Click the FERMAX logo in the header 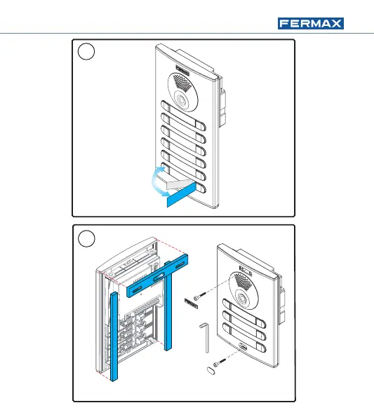point(311,24)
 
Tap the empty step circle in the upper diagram point(86,51)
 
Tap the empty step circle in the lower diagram point(86,238)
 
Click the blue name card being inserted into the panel point(181,194)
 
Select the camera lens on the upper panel point(182,100)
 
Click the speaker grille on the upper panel point(182,82)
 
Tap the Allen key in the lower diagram point(205,336)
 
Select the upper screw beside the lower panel point(200,296)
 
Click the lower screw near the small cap point(220,362)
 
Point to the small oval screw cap point(211,370)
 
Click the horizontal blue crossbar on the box point(157,275)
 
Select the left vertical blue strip point(114,336)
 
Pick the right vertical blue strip point(168,306)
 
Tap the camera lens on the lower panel point(243,298)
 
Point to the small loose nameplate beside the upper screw point(191,303)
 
